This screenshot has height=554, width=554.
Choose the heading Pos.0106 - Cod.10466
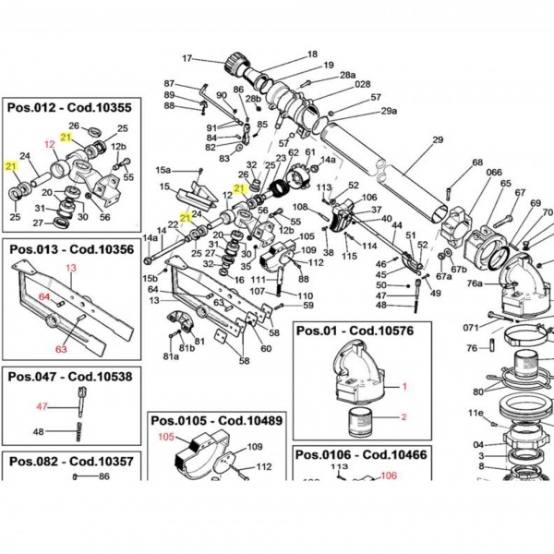click(361, 455)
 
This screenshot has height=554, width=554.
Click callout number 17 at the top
click(187, 59)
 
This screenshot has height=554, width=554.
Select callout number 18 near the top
click(311, 54)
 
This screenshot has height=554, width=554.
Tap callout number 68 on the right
click(477, 163)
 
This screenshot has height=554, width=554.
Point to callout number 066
click(495, 173)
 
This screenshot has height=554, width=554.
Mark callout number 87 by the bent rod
click(169, 83)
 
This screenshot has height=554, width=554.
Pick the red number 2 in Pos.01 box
click(403, 417)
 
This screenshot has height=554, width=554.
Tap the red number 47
click(41, 406)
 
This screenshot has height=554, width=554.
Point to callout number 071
click(471, 327)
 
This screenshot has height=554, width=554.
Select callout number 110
click(305, 295)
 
